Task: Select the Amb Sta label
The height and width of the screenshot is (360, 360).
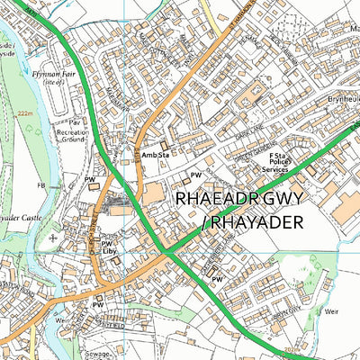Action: pyautogui.click(x=154, y=156)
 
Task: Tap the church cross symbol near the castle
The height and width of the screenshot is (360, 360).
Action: pyautogui.click(x=53, y=238)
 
